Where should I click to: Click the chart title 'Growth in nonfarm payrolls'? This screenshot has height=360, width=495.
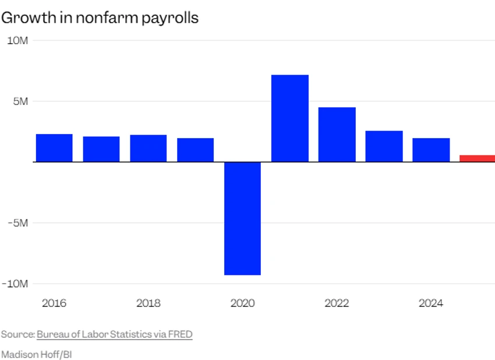(x=100, y=18)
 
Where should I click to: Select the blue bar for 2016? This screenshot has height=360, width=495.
(x=54, y=148)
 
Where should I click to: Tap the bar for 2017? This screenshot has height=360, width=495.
(x=101, y=149)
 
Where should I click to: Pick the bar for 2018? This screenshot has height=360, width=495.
(x=148, y=148)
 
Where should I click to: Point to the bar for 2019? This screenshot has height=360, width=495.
(x=195, y=150)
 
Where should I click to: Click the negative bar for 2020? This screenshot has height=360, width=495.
(x=242, y=218)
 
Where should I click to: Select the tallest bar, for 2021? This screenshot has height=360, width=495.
(x=290, y=118)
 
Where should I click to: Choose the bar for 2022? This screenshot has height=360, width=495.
(x=337, y=135)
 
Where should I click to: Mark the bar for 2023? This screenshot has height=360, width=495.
(x=384, y=146)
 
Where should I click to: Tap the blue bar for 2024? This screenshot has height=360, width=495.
(x=431, y=150)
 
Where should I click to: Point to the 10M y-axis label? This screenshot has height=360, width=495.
(x=17, y=40)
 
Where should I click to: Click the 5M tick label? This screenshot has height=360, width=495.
(x=20, y=101)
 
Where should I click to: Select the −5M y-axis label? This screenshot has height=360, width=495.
(x=17, y=223)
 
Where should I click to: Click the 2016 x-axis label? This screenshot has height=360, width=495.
(x=54, y=303)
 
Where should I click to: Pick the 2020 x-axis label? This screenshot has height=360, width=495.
(x=242, y=303)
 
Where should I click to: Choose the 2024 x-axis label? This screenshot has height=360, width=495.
(x=431, y=303)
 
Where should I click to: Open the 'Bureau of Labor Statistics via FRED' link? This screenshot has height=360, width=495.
(x=114, y=334)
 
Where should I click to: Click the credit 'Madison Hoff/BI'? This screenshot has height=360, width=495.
(x=36, y=354)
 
